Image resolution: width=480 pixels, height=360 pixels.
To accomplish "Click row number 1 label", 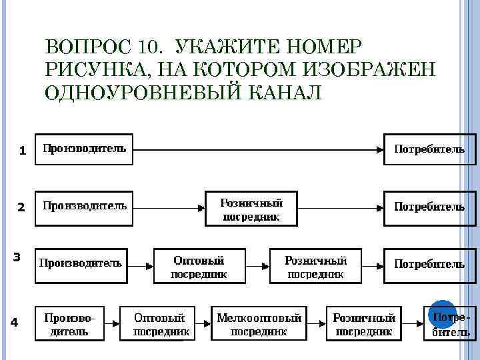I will click(x=22, y=151).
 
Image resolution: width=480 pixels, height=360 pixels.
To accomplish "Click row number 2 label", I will click(x=21, y=207).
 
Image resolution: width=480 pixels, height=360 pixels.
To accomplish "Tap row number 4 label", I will click(x=15, y=323).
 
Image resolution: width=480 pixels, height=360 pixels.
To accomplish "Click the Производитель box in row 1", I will click(x=84, y=149).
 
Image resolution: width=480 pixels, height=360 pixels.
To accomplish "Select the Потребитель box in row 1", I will click(x=430, y=149).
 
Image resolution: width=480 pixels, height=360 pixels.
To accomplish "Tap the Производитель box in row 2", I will click(x=84, y=207).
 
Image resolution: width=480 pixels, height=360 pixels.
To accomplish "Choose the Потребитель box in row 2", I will click(x=430, y=207).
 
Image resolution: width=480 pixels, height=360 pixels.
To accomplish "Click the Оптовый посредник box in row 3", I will click(x=199, y=266).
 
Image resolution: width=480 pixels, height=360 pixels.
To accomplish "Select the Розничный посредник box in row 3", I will click(x=315, y=266).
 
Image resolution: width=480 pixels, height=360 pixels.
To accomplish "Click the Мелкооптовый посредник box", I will click(x=259, y=323).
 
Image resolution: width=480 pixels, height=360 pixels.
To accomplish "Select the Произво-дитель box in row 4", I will click(x=70, y=323).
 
